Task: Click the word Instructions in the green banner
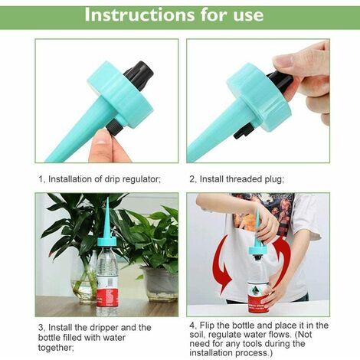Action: pos(139,15)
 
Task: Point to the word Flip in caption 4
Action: pos(206,326)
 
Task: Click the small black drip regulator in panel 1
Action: pos(114,127)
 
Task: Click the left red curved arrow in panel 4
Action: pos(222,265)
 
